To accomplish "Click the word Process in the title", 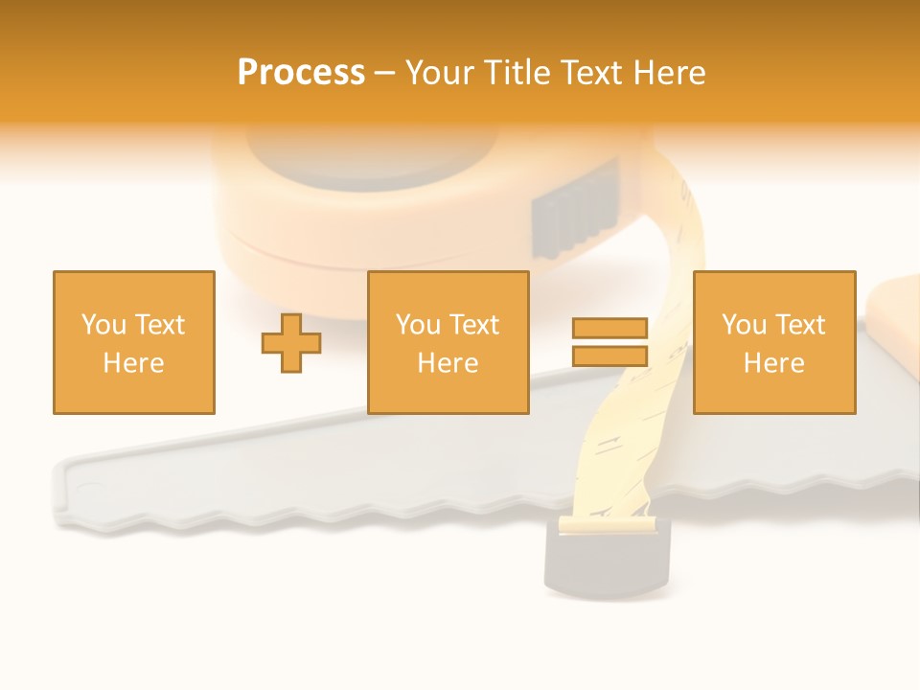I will pyautogui.click(x=301, y=73).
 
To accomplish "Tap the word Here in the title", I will pyautogui.click(x=667, y=73).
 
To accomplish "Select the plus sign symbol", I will pyautogui.click(x=291, y=343).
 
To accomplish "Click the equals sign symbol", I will pyautogui.click(x=610, y=342).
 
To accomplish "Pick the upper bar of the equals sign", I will pyautogui.click(x=610, y=329).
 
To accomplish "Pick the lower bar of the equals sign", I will pyautogui.click(x=610, y=356).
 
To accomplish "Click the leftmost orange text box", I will pyautogui.click(x=134, y=342).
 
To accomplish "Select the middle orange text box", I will pyautogui.click(x=448, y=342).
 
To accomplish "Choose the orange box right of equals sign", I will pyautogui.click(x=774, y=342).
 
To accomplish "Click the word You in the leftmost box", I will pyautogui.click(x=103, y=325).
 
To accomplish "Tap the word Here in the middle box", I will pyautogui.click(x=448, y=362).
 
